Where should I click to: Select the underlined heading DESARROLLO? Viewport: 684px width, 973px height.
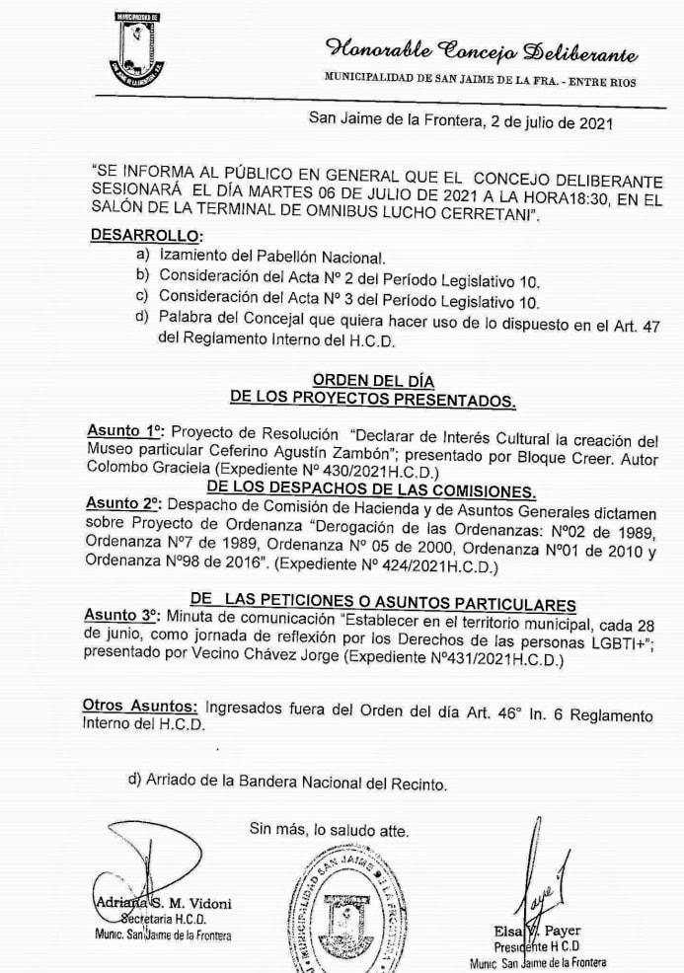(145, 236)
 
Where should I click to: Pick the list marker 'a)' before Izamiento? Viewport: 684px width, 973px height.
(143, 255)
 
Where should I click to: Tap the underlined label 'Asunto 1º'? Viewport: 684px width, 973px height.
(124, 431)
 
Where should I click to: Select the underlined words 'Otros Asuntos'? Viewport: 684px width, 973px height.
(139, 707)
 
